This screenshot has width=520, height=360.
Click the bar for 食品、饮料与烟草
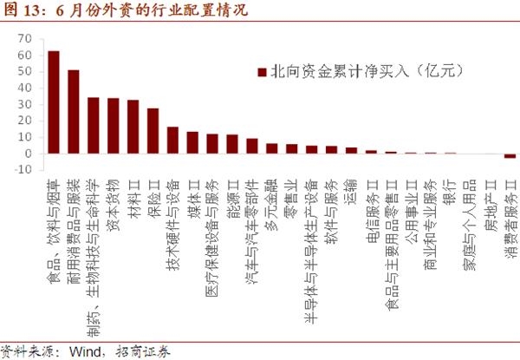click(54, 102)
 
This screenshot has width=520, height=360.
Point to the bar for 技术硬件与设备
click(172, 141)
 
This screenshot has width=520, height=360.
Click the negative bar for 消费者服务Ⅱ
click(510, 156)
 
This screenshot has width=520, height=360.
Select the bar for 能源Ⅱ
click(232, 144)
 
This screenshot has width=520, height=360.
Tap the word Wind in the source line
click(89, 351)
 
